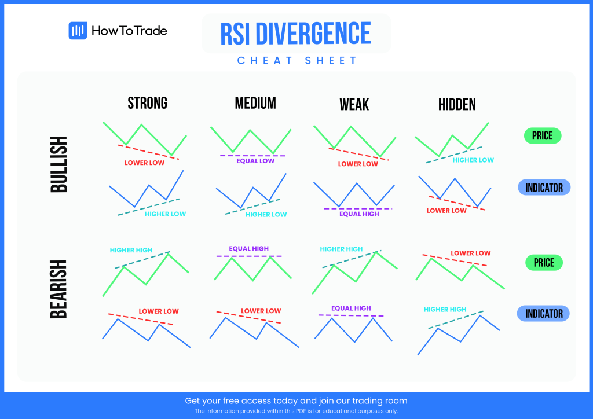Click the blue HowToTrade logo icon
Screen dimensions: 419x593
pos(78,31)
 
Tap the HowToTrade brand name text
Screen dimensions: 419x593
pos(129,31)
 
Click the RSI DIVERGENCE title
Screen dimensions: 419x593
pos(296,34)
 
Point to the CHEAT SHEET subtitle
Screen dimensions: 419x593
pos(297,61)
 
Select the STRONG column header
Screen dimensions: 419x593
pos(147,104)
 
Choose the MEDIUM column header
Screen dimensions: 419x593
pos(255,104)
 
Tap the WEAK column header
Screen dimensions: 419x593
pos(354,105)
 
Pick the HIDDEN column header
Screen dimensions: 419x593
pos(457,105)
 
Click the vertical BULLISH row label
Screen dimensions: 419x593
pos(59,164)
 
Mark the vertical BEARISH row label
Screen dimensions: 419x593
pos(59,289)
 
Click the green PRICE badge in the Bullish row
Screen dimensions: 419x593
pos(543,136)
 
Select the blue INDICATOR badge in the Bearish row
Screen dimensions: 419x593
pos(543,314)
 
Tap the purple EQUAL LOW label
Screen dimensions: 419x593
pos(255,161)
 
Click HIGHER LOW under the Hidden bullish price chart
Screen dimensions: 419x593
pos(473,160)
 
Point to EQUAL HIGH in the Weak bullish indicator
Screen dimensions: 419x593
pos(359,214)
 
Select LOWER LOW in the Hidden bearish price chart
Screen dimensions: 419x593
pos(470,253)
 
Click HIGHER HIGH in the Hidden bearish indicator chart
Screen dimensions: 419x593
pos(445,310)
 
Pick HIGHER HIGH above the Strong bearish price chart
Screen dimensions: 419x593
pos(131,251)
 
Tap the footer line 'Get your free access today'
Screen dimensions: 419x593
pos(296,400)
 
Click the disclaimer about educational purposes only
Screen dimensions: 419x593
pos(296,411)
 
